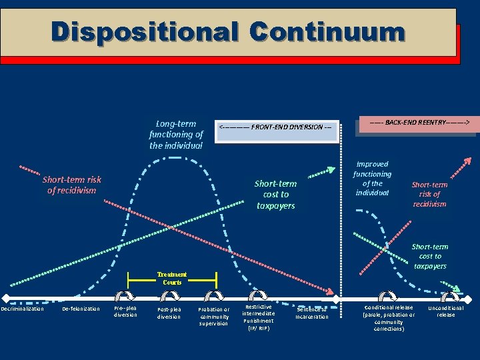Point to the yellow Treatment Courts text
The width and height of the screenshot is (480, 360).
[172, 278]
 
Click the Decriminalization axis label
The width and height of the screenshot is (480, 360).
[23, 309]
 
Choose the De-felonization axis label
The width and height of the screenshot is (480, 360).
[81, 309]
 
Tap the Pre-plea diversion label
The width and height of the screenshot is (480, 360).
[125, 311]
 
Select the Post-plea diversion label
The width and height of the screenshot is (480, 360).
[169, 313]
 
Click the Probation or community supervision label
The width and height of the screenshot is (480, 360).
[213, 317]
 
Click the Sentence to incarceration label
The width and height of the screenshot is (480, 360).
[312, 313]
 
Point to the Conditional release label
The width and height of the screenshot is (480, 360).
[389, 318]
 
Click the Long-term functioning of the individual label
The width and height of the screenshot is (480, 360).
[176, 135]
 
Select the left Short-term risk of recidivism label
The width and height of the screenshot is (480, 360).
[72, 185]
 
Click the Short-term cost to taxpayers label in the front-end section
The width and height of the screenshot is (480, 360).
[275, 195]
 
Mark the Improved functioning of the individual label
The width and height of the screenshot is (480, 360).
[373, 178]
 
